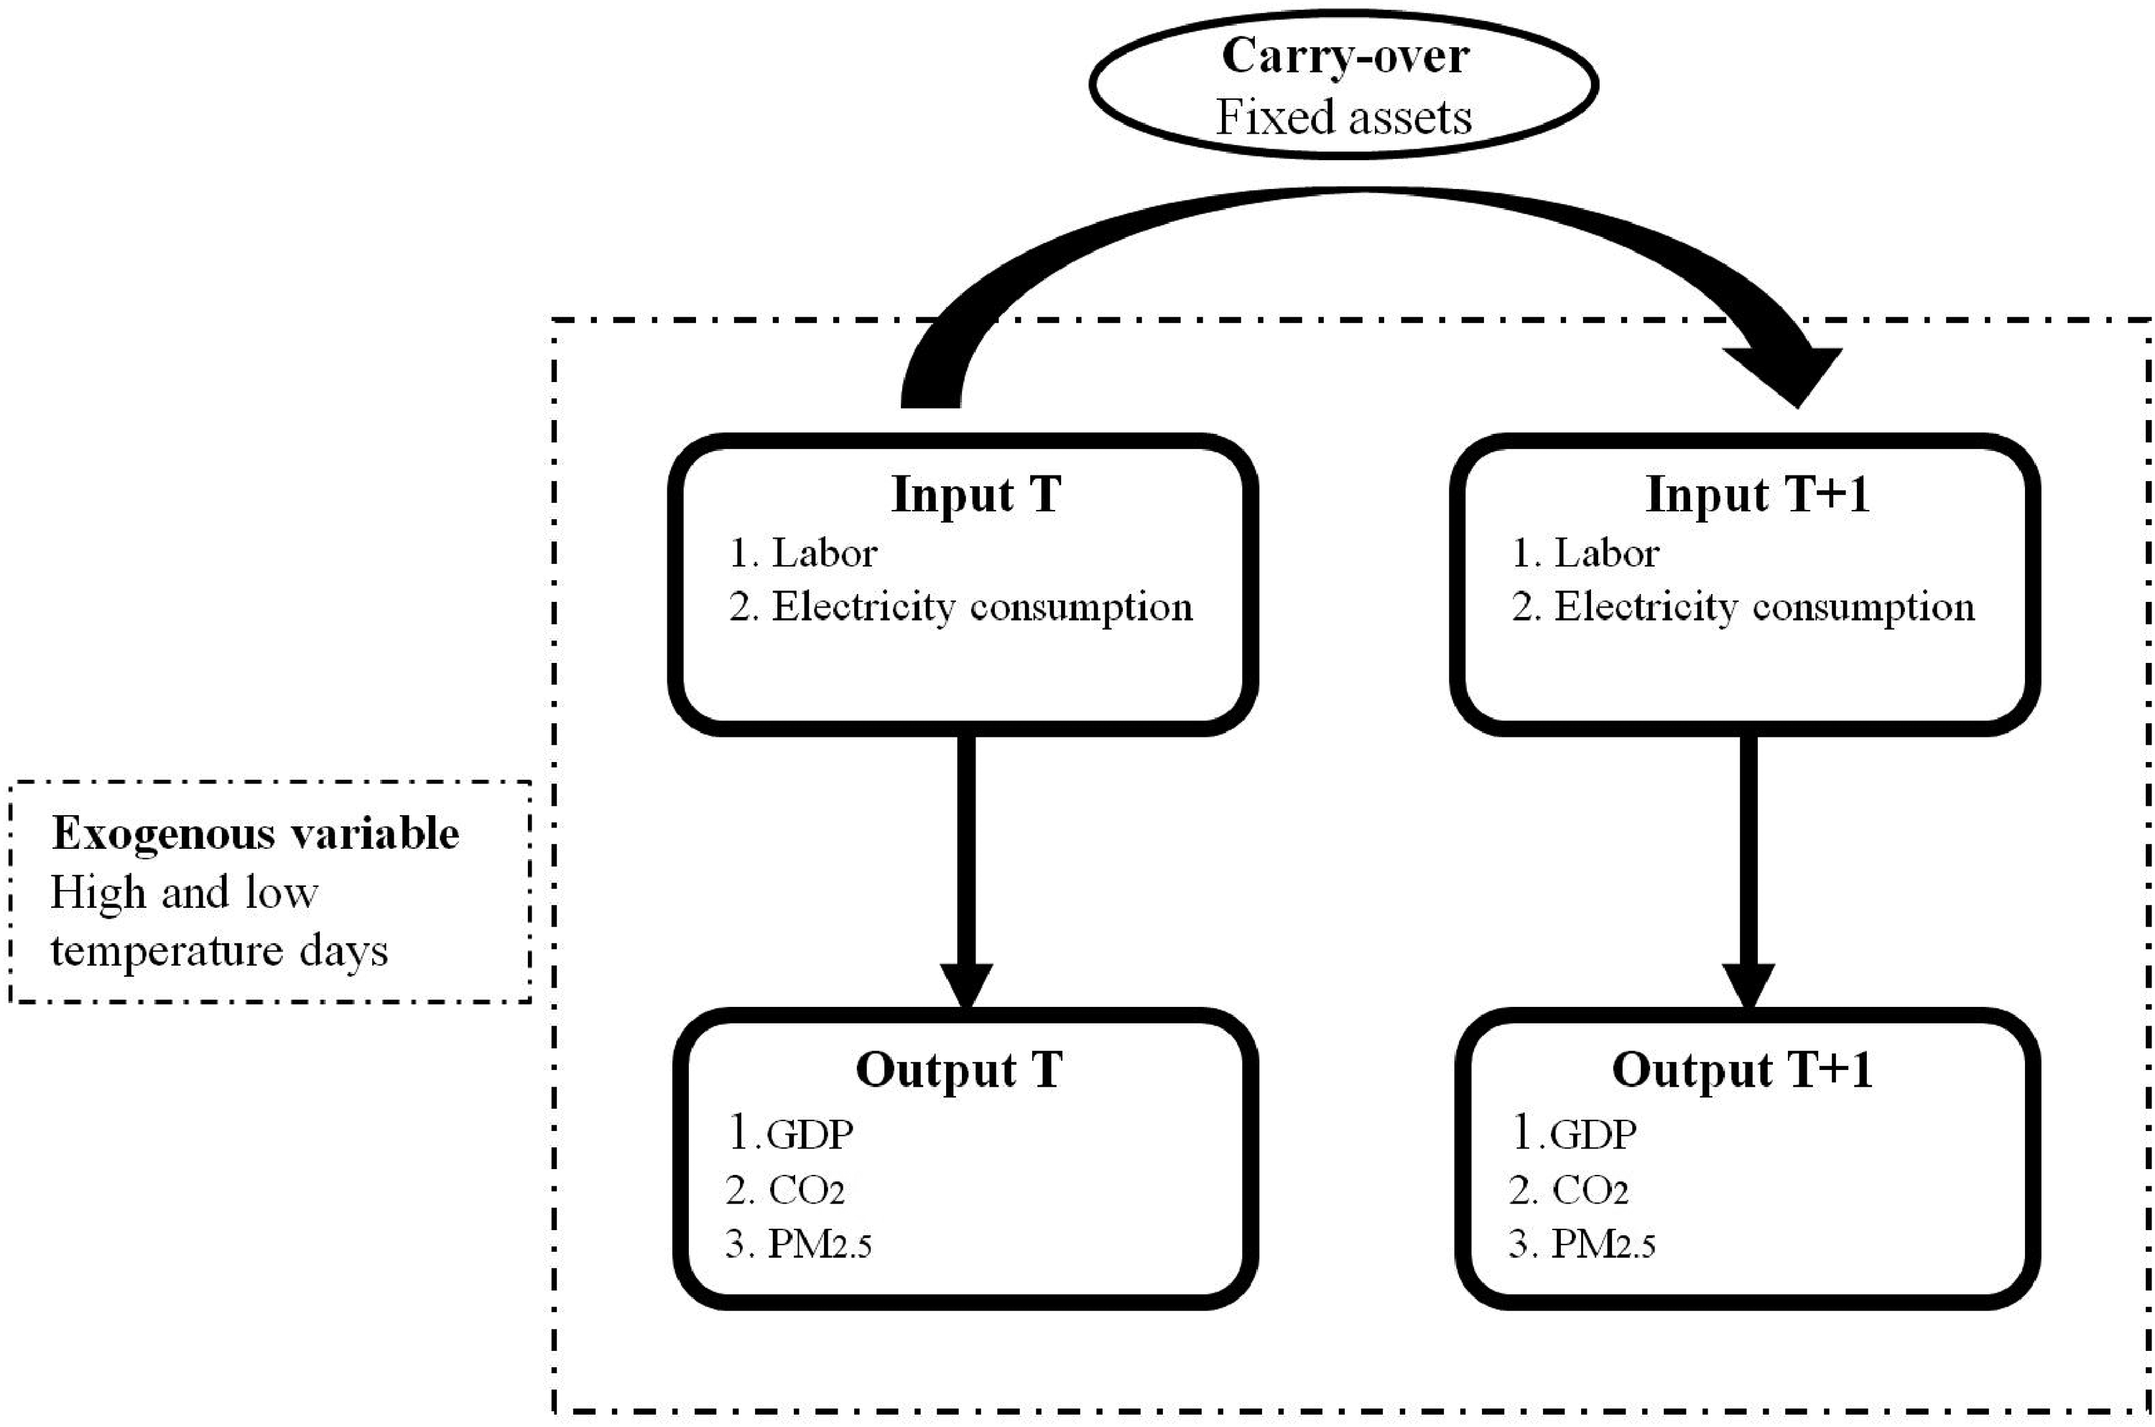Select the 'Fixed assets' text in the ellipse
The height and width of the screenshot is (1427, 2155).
pos(1344,116)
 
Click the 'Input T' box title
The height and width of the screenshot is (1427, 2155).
pos(976,495)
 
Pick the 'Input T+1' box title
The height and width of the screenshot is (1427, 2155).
pos(1757,495)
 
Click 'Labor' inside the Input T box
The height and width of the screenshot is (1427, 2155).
pos(825,552)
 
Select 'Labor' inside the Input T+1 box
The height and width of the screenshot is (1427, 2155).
pos(1607,552)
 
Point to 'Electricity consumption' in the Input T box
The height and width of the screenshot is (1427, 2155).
pos(983,607)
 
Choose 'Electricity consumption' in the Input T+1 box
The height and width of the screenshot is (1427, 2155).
pos(1765,607)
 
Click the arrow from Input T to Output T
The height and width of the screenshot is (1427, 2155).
pos(966,872)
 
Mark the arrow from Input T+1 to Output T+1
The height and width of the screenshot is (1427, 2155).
pos(1748,872)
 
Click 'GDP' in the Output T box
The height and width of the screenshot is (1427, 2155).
pos(811,1135)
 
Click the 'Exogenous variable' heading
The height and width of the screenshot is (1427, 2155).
pos(256,834)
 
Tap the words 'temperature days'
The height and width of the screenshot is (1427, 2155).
pos(219,951)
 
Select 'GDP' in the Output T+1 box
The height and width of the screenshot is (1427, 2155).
pos(1593,1135)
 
